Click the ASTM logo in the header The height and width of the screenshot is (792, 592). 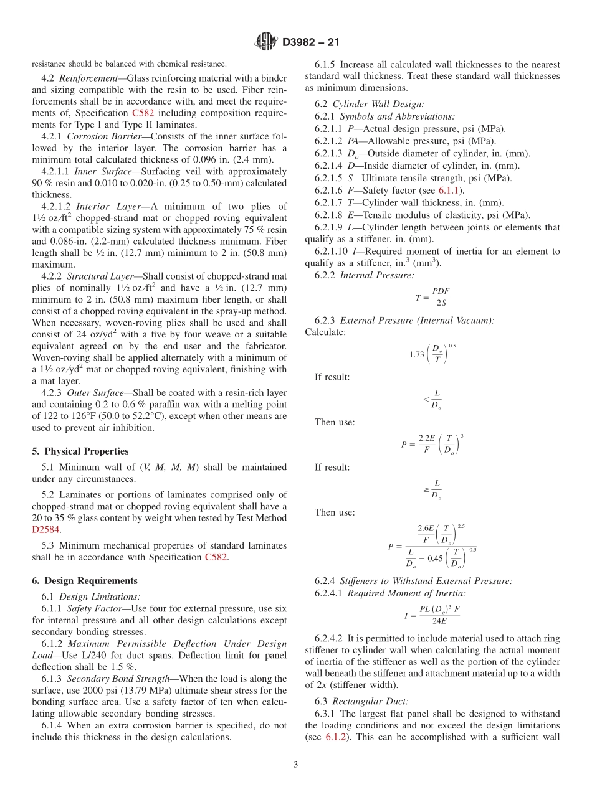pos(267,42)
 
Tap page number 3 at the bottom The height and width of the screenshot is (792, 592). pos(296,765)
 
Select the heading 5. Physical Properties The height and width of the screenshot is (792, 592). pos(80,451)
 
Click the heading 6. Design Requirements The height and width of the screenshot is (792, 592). pos(85,581)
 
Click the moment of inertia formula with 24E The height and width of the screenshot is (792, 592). pos(432,615)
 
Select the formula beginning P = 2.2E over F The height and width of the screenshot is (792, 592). pos(432,444)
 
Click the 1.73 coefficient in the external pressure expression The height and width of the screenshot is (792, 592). pos(416,354)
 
